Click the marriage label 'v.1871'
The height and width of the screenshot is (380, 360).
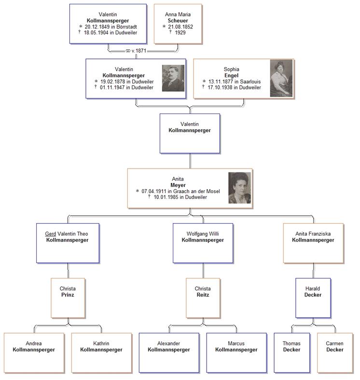tap(138, 50)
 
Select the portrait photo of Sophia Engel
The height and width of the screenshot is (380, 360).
tap(281, 78)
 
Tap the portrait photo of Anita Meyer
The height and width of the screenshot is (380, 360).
tap(239, 188)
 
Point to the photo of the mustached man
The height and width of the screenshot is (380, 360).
tap(173, 78)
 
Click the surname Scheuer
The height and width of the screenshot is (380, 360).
tap(178, 21)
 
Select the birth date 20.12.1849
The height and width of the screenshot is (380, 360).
tap(99, 27)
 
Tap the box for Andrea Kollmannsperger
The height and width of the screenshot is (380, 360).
tap(34, 352)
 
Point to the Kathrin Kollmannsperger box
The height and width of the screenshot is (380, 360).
tap(101, 352)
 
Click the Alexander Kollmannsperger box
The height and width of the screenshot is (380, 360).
tap(169, 352)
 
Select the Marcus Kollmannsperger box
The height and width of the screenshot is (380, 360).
tap(236, 352)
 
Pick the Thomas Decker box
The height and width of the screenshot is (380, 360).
tap(291, 352)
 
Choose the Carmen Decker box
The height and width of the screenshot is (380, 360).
tap(334, 352)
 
